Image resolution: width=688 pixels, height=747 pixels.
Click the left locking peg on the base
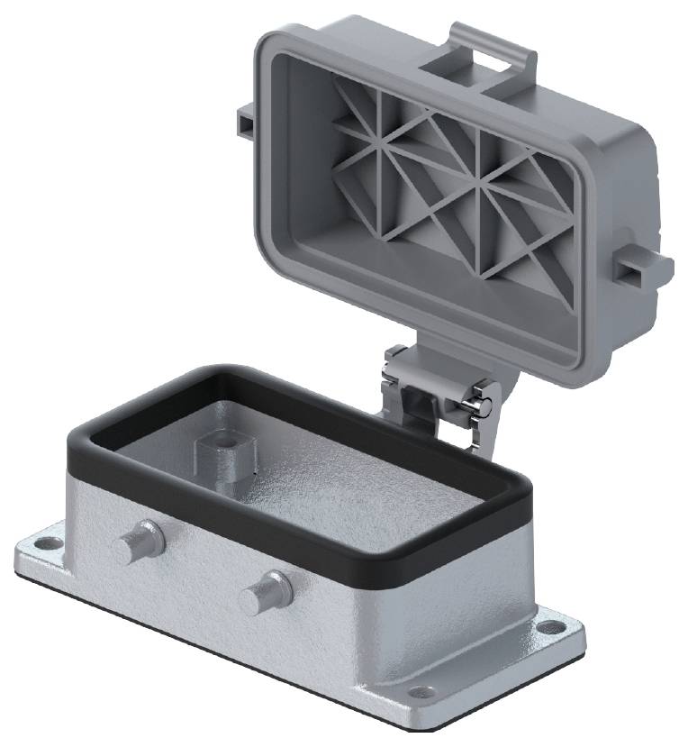134,543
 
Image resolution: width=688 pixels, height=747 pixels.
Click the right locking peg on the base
262,595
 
